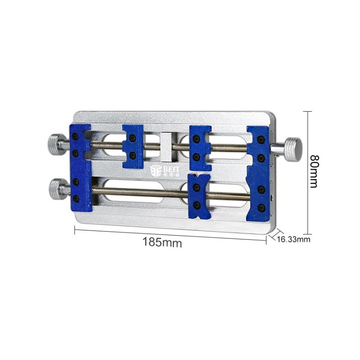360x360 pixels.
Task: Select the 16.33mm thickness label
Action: click(294, 239)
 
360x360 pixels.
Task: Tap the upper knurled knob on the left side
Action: click(57, 144)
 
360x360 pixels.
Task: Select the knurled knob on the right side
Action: click(292, 148)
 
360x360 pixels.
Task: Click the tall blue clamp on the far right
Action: click(258, 170)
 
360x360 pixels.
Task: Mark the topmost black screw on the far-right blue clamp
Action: click(260, 140)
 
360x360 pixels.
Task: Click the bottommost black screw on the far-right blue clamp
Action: click(261, 207)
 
